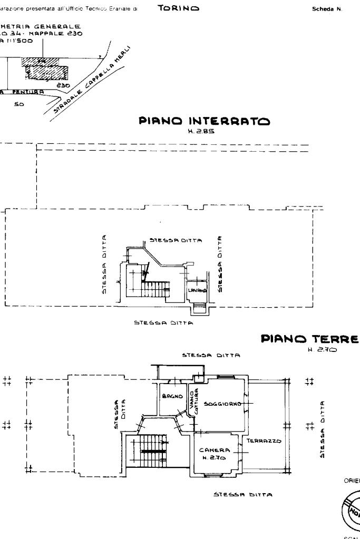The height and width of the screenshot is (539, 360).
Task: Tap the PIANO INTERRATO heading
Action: [204, 121]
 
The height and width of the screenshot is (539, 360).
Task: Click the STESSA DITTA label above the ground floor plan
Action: [210, 355]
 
